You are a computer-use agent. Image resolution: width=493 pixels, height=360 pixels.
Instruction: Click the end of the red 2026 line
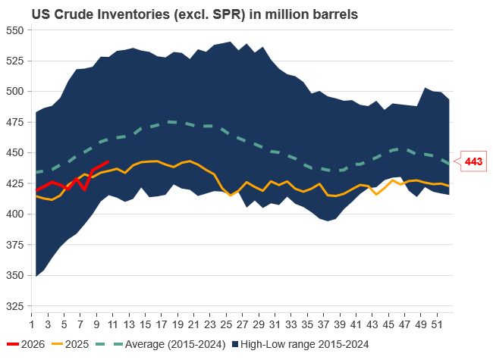pyautogui.click(x=108, y=161)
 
